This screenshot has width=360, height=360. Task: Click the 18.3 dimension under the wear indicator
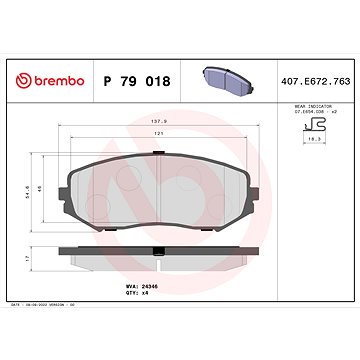(313, 147)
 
